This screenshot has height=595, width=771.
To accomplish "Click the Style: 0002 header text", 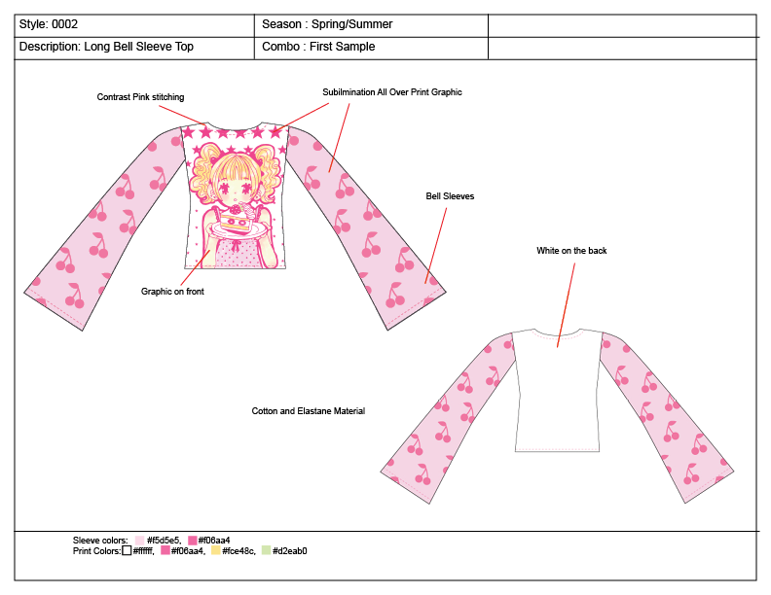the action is coord(49,24).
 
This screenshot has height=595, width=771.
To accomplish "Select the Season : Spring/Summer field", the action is coord(327,24).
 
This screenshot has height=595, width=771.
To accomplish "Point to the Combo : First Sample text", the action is coord(318,47).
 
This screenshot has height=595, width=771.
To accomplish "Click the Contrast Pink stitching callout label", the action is coord(140,97).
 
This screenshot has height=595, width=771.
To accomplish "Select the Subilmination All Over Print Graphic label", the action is coord(391,92).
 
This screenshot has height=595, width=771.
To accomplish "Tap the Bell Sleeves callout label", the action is coord(450,196).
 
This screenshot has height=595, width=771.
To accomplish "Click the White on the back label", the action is coord(571,251).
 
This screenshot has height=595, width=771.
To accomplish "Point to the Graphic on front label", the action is coord(172,291).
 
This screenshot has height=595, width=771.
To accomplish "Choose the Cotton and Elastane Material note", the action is coord(308,411).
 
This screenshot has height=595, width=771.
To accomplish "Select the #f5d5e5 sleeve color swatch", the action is coord(140,541).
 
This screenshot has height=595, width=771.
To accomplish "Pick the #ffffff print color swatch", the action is coord(127,551).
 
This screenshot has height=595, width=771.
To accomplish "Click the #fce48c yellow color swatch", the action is coord(215,551).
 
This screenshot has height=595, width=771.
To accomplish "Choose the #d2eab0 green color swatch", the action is coord(266,551).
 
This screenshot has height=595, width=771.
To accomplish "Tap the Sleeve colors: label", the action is coord(100,541).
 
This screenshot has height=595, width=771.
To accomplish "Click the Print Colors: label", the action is coord(96,551).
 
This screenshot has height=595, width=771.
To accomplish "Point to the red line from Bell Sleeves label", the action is coord(436,243).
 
